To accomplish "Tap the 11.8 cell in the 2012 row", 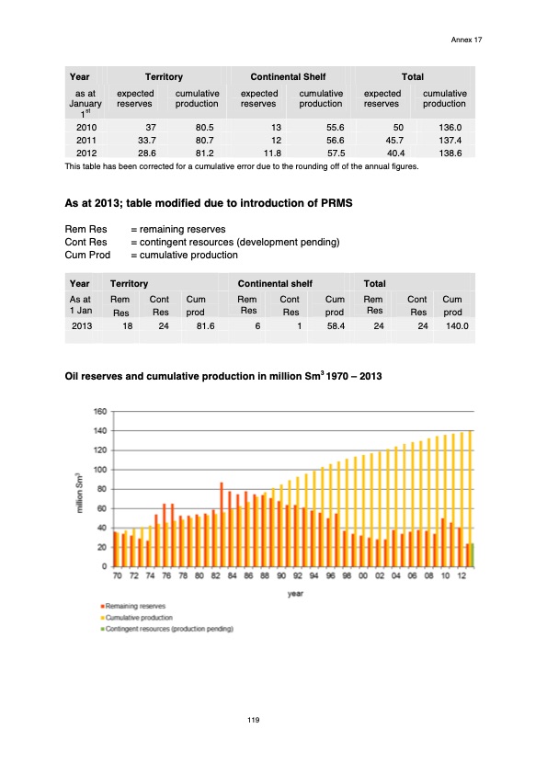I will coord(270,154).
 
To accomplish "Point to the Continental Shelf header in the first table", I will coord(288,76).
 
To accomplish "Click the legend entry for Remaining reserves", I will coord(131,607).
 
